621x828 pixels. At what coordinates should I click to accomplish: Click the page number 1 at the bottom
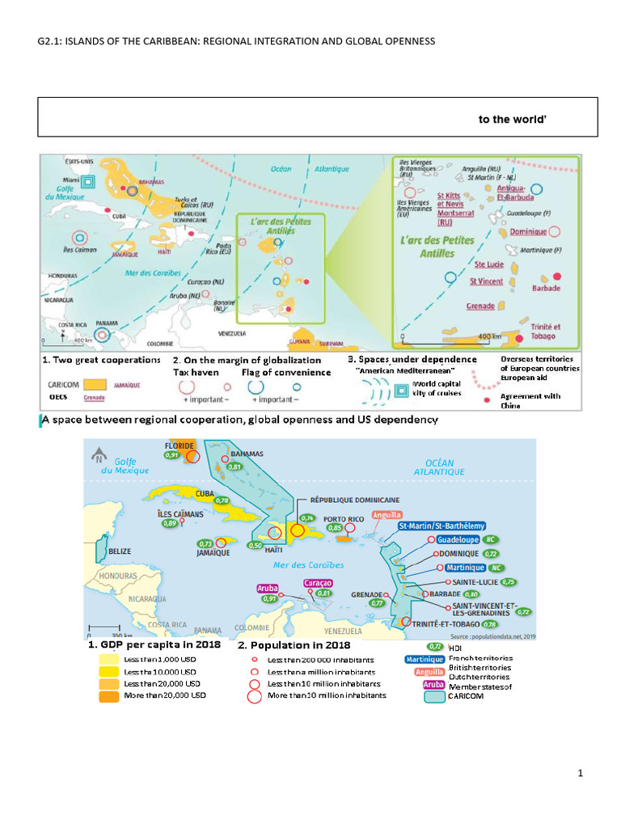[581, 773]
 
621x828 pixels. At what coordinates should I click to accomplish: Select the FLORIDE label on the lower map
[180, 445]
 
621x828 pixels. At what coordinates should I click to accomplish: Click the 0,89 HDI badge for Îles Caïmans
[169, 523]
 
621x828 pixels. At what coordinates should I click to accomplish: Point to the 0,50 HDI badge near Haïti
[254, 546]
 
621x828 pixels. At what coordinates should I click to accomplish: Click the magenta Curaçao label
[317, 582]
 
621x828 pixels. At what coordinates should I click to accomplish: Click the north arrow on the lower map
[99, 452]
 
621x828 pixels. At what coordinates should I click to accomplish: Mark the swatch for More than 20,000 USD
[107, 695]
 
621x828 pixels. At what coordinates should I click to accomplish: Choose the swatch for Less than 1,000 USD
[107, 659]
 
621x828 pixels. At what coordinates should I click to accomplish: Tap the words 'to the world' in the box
[513, 120]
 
